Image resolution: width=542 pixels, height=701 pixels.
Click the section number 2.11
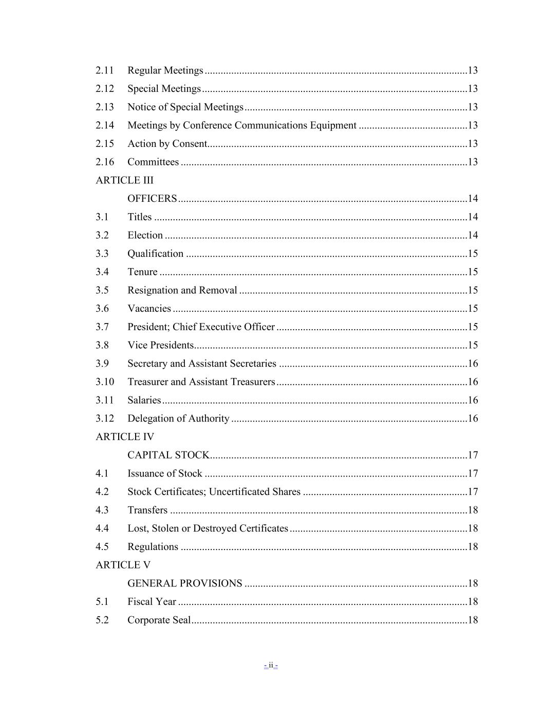click(105, 70)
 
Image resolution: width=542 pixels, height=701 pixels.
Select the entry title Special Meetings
click(164, 89)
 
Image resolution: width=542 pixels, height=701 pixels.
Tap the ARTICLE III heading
click(124, 180)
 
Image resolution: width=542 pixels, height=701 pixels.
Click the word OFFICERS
click(152, 199)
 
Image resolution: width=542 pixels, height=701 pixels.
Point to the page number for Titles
click(473, 217)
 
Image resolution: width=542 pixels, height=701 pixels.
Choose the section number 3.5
click(102, 290)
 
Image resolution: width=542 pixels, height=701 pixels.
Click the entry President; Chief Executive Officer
click(201, 327)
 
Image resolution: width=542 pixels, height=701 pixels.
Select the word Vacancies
click(149, 309)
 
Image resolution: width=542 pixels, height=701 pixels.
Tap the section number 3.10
click(105, 382)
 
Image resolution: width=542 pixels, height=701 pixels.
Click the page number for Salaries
click(473, 400)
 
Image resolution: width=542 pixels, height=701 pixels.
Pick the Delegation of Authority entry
click(178, 419)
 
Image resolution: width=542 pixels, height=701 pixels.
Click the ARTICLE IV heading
click(125, 437)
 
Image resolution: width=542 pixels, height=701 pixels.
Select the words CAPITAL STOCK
click(168, 455)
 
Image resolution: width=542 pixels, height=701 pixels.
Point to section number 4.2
click(102, 491)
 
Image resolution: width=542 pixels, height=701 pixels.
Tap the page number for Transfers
click(473, 510)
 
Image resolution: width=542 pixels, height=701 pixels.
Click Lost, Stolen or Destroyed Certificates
click(208, 528)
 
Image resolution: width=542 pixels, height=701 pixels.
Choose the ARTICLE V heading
click(123, 565)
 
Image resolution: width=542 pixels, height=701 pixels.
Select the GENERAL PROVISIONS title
click(184, 583)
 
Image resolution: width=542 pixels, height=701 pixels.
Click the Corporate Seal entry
click(159, 620)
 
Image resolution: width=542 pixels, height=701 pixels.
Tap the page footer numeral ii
click(271, 666)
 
